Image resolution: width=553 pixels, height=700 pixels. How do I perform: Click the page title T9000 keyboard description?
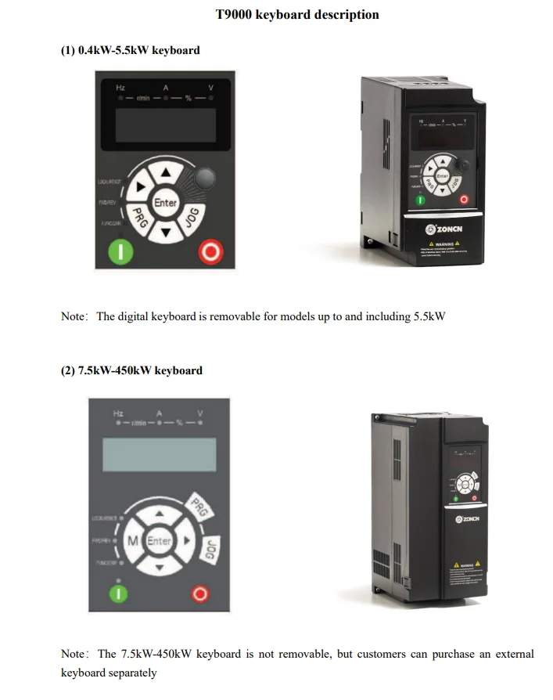coord(297,15)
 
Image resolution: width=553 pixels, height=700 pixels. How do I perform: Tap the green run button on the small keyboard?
coord(125,251)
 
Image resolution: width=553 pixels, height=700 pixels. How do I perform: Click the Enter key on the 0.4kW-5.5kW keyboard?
coord(165,203)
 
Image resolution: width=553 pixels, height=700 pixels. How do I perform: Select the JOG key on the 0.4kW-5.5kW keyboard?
coord(192,218)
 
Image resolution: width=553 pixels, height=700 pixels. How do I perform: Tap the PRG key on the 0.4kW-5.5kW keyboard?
coord(138,218)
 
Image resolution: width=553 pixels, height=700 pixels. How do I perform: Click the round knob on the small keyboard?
coord(205,179)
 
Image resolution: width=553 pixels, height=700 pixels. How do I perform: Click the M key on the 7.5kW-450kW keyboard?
coord(133,540)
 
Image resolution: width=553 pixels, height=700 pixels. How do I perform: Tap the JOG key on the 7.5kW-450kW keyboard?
coord(209,550)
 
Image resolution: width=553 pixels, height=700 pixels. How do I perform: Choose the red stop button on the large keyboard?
coord(200,594)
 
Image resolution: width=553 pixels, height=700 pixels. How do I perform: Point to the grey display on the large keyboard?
coord(159,454)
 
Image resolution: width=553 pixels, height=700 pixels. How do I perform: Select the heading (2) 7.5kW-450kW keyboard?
coord(131,370)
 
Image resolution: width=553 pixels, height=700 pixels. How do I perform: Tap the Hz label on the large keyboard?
coord(118,413)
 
